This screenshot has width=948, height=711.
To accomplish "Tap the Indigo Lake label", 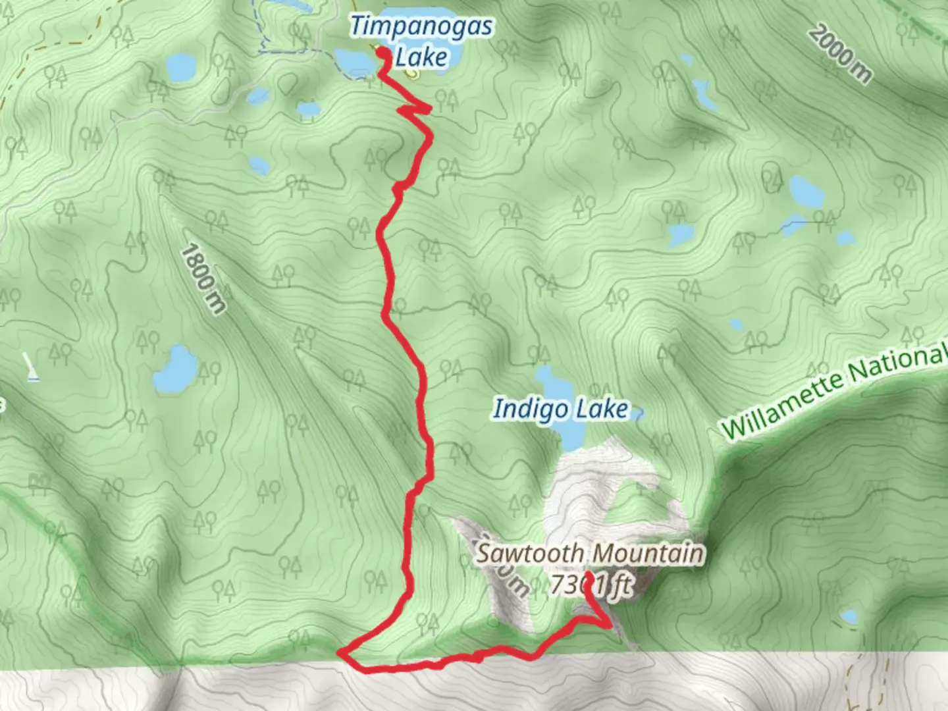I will (561, 409).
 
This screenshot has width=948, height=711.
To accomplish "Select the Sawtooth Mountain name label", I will (590, 554).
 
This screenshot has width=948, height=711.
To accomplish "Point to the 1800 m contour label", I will (203, 278).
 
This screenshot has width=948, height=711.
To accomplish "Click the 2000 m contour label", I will (839, 53).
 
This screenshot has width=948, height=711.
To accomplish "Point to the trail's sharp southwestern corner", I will (342, 653).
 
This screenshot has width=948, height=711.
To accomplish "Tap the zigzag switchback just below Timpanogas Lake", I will (415, 109).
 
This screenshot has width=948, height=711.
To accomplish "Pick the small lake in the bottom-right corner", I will (850, 618).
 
